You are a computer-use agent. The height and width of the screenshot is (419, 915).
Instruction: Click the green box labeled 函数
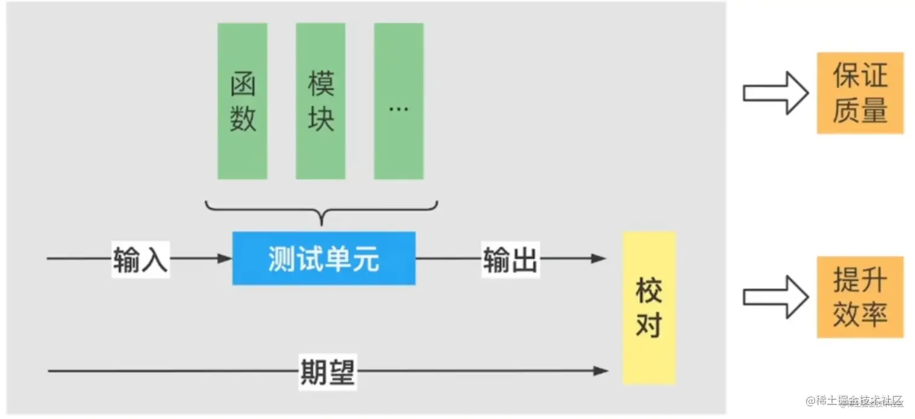point(242,101)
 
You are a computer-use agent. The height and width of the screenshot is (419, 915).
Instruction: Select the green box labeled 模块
point(320,101)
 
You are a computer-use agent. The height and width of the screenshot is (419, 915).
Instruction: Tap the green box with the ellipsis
point(398,101)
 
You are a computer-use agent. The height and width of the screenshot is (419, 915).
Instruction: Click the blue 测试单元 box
point(324,259)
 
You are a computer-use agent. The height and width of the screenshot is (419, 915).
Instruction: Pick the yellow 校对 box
point(649,308)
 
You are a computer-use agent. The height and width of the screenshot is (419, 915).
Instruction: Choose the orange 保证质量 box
point(859,93)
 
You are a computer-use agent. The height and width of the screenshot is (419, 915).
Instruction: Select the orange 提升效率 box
point(859,297)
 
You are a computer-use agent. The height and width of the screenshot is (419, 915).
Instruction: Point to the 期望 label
point(327,371)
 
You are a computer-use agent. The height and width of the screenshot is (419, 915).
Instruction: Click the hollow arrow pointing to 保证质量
point(775,93)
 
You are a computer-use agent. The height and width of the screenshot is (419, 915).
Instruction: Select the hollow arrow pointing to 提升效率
point(775,297)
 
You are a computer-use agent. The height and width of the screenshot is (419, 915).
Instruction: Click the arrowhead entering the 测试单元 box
point(225,259)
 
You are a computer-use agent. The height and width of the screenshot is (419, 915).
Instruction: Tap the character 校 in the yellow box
point(649,291)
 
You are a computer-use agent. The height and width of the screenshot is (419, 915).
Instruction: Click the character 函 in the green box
point(243,84)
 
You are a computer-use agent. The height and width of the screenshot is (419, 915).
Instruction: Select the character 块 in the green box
point(321,119)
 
